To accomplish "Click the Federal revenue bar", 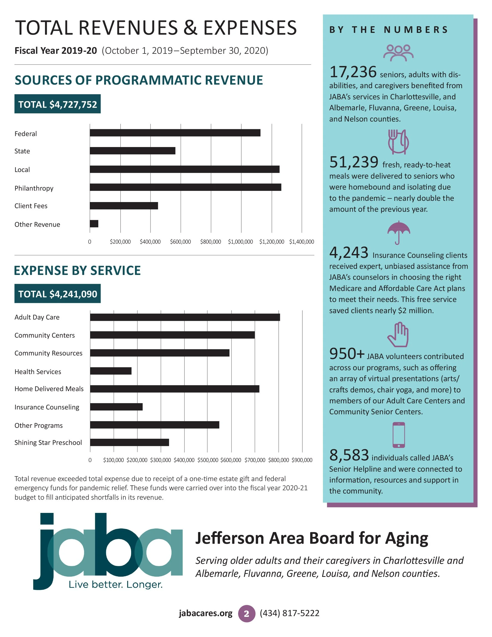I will point(175,133).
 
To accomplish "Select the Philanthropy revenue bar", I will point(185,187).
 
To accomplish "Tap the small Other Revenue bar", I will point(94,224).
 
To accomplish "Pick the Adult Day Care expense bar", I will point(185,317).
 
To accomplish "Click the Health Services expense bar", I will point(111,371).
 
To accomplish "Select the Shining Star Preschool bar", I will point(129,442).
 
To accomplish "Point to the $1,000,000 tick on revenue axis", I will point(240,242).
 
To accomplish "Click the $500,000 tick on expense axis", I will point(208,460).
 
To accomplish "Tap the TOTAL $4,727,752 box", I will point(57,104).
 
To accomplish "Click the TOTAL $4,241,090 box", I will point(57,294).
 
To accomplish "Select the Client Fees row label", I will point(31,206).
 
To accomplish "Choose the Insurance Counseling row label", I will point(47,407).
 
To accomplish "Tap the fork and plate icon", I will point(398,142).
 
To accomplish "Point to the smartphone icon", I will point(399,435).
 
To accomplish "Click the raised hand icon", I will point(398,335).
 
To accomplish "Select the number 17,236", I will point(353,72).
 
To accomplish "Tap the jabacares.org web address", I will point(206,613).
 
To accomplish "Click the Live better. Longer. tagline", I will point(115,585).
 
